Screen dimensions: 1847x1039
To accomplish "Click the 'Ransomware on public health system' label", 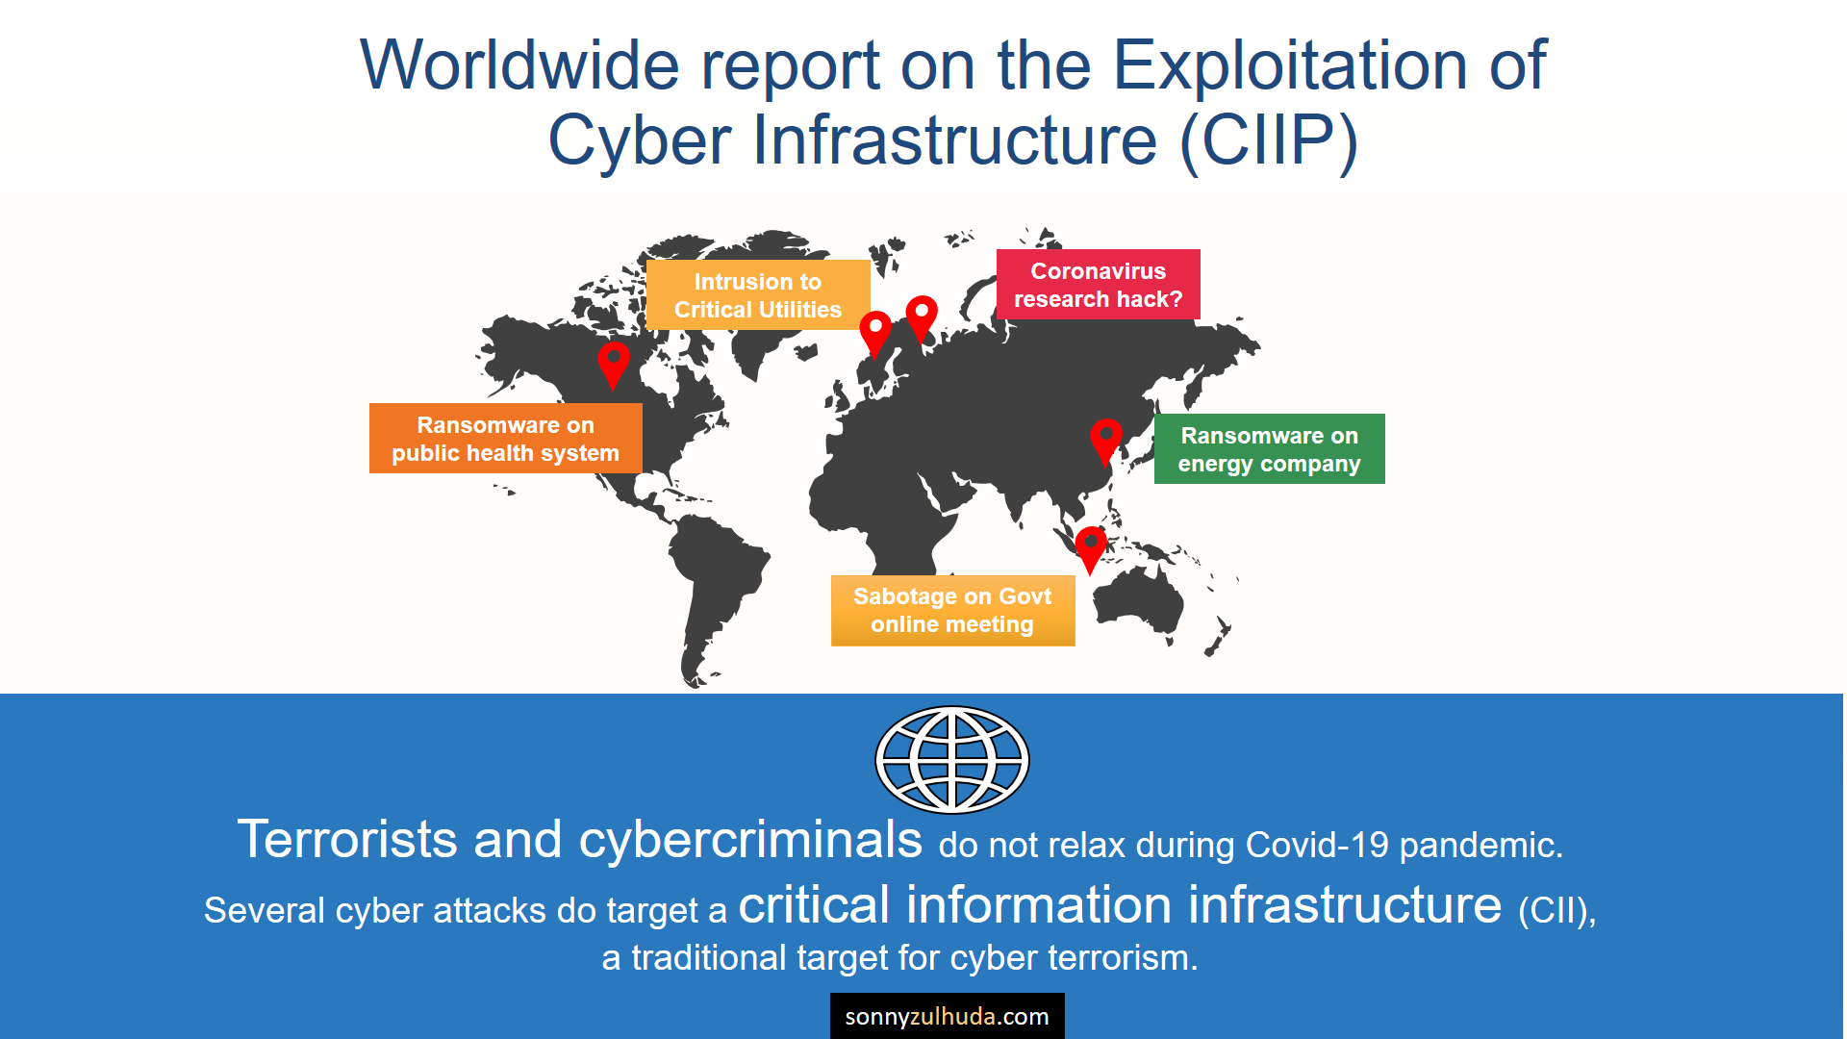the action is pyautogui.click(x=505, y=439).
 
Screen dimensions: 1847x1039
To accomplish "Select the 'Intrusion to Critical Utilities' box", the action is pyautogui.click(x=758, y=295).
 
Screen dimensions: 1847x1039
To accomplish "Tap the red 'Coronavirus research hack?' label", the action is pyautogui.click(x=1098, y=285).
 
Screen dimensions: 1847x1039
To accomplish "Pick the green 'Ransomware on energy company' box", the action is pyautogui.click(x=1269, y=449).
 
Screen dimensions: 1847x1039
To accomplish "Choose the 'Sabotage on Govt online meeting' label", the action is pyautogui.click(x=952, y=611).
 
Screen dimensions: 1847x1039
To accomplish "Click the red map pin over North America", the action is pyautogui.click(x=614, y=364).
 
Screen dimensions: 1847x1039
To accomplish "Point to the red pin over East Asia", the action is pyautogui.click(x=1106, y=441).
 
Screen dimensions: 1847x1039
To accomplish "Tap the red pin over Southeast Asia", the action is pyautogui.click(x=1091, y=549).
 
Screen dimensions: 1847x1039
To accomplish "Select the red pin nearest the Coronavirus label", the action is pyautogui.click(x=922, y=317).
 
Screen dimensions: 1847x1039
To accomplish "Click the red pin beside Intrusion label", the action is pyautogui.click(x=875, y=333).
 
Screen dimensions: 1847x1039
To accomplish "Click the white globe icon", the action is pyautogui.click(x=952, y=760).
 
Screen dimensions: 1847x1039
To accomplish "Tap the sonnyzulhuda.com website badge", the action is pyautogui.click(x=948, y=1016).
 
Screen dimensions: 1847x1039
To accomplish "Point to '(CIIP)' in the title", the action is pyautogui.click(x=1270, y=140).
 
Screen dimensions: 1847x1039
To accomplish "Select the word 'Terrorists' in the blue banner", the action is pyautogui.click(x=347, y=839).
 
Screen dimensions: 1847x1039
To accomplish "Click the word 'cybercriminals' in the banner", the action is pyautogui.click(x=750, y=839).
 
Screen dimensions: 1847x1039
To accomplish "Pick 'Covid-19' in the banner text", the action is pyautogui.click(x=1317, y=846).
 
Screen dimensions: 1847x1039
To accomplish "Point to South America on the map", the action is pyautogui.click(x=717, y=587).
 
